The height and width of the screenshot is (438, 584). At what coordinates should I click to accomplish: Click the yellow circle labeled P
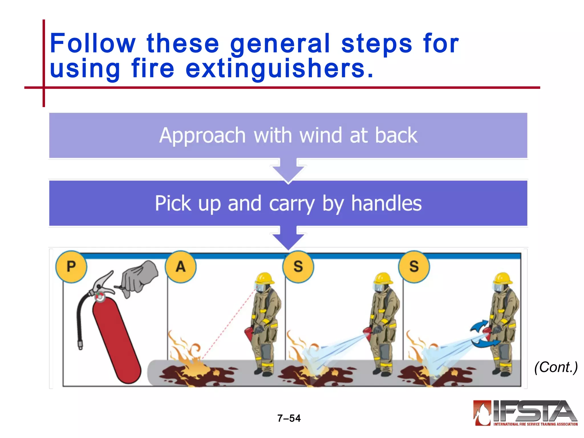click(x=71, y=267)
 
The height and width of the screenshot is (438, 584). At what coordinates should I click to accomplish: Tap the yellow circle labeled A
click(x=181, y=267)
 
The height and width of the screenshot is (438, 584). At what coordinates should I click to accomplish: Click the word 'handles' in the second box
click(x=386, y=203)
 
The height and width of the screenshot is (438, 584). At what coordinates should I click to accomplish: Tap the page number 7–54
click(x=289, y=418)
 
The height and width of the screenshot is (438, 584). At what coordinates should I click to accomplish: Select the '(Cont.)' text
click(x=556, y=367)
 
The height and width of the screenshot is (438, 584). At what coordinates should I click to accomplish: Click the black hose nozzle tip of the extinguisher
click(x=80, y=345)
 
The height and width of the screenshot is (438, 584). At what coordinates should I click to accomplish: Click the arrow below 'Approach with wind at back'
click(x=288, y=170)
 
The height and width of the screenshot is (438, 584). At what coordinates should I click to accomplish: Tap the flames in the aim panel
click(x=185, y=356)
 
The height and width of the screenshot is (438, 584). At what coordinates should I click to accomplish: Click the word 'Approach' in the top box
click(x=202, y=136)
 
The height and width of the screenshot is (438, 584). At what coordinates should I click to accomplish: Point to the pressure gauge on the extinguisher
click(x=100, y=297)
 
